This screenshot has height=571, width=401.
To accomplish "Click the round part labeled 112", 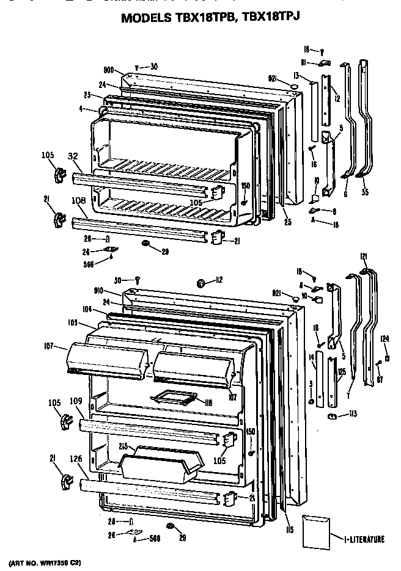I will click(200, 282).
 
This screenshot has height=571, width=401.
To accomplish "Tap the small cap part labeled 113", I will click(333, 416).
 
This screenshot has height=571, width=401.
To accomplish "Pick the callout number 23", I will click(87, 95).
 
